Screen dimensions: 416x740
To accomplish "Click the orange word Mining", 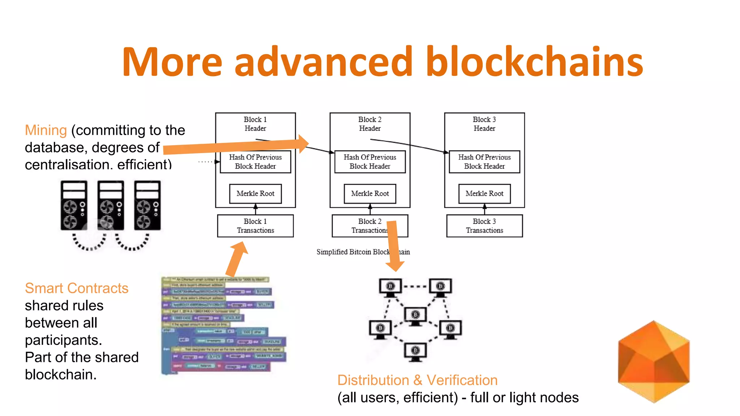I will [x=46, y=130].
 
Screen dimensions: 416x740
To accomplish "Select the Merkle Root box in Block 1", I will [x=255, y=194].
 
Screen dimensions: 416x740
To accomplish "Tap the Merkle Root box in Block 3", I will [x=484, y=194].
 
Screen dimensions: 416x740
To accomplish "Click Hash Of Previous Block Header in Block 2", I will [x=370, y=162].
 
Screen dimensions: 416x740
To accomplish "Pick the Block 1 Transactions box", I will [x=255, y=226].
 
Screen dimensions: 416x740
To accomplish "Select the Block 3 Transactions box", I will [x=484, y=226].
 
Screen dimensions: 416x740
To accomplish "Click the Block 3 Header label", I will [x=484, y=124].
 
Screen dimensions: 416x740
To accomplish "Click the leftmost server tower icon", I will [x=74, y=205].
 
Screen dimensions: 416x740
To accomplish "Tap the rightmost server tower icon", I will [x=147, y=205].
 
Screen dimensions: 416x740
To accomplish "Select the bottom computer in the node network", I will [x=415, y=352].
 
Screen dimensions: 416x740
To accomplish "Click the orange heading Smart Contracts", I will [x=77, y=288].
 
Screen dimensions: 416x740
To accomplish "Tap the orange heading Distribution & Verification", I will [x=417, y=380].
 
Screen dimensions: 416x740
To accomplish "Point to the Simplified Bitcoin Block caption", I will [x=352, y=252].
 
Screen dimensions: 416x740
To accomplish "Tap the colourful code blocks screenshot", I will [x=222, y=325].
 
